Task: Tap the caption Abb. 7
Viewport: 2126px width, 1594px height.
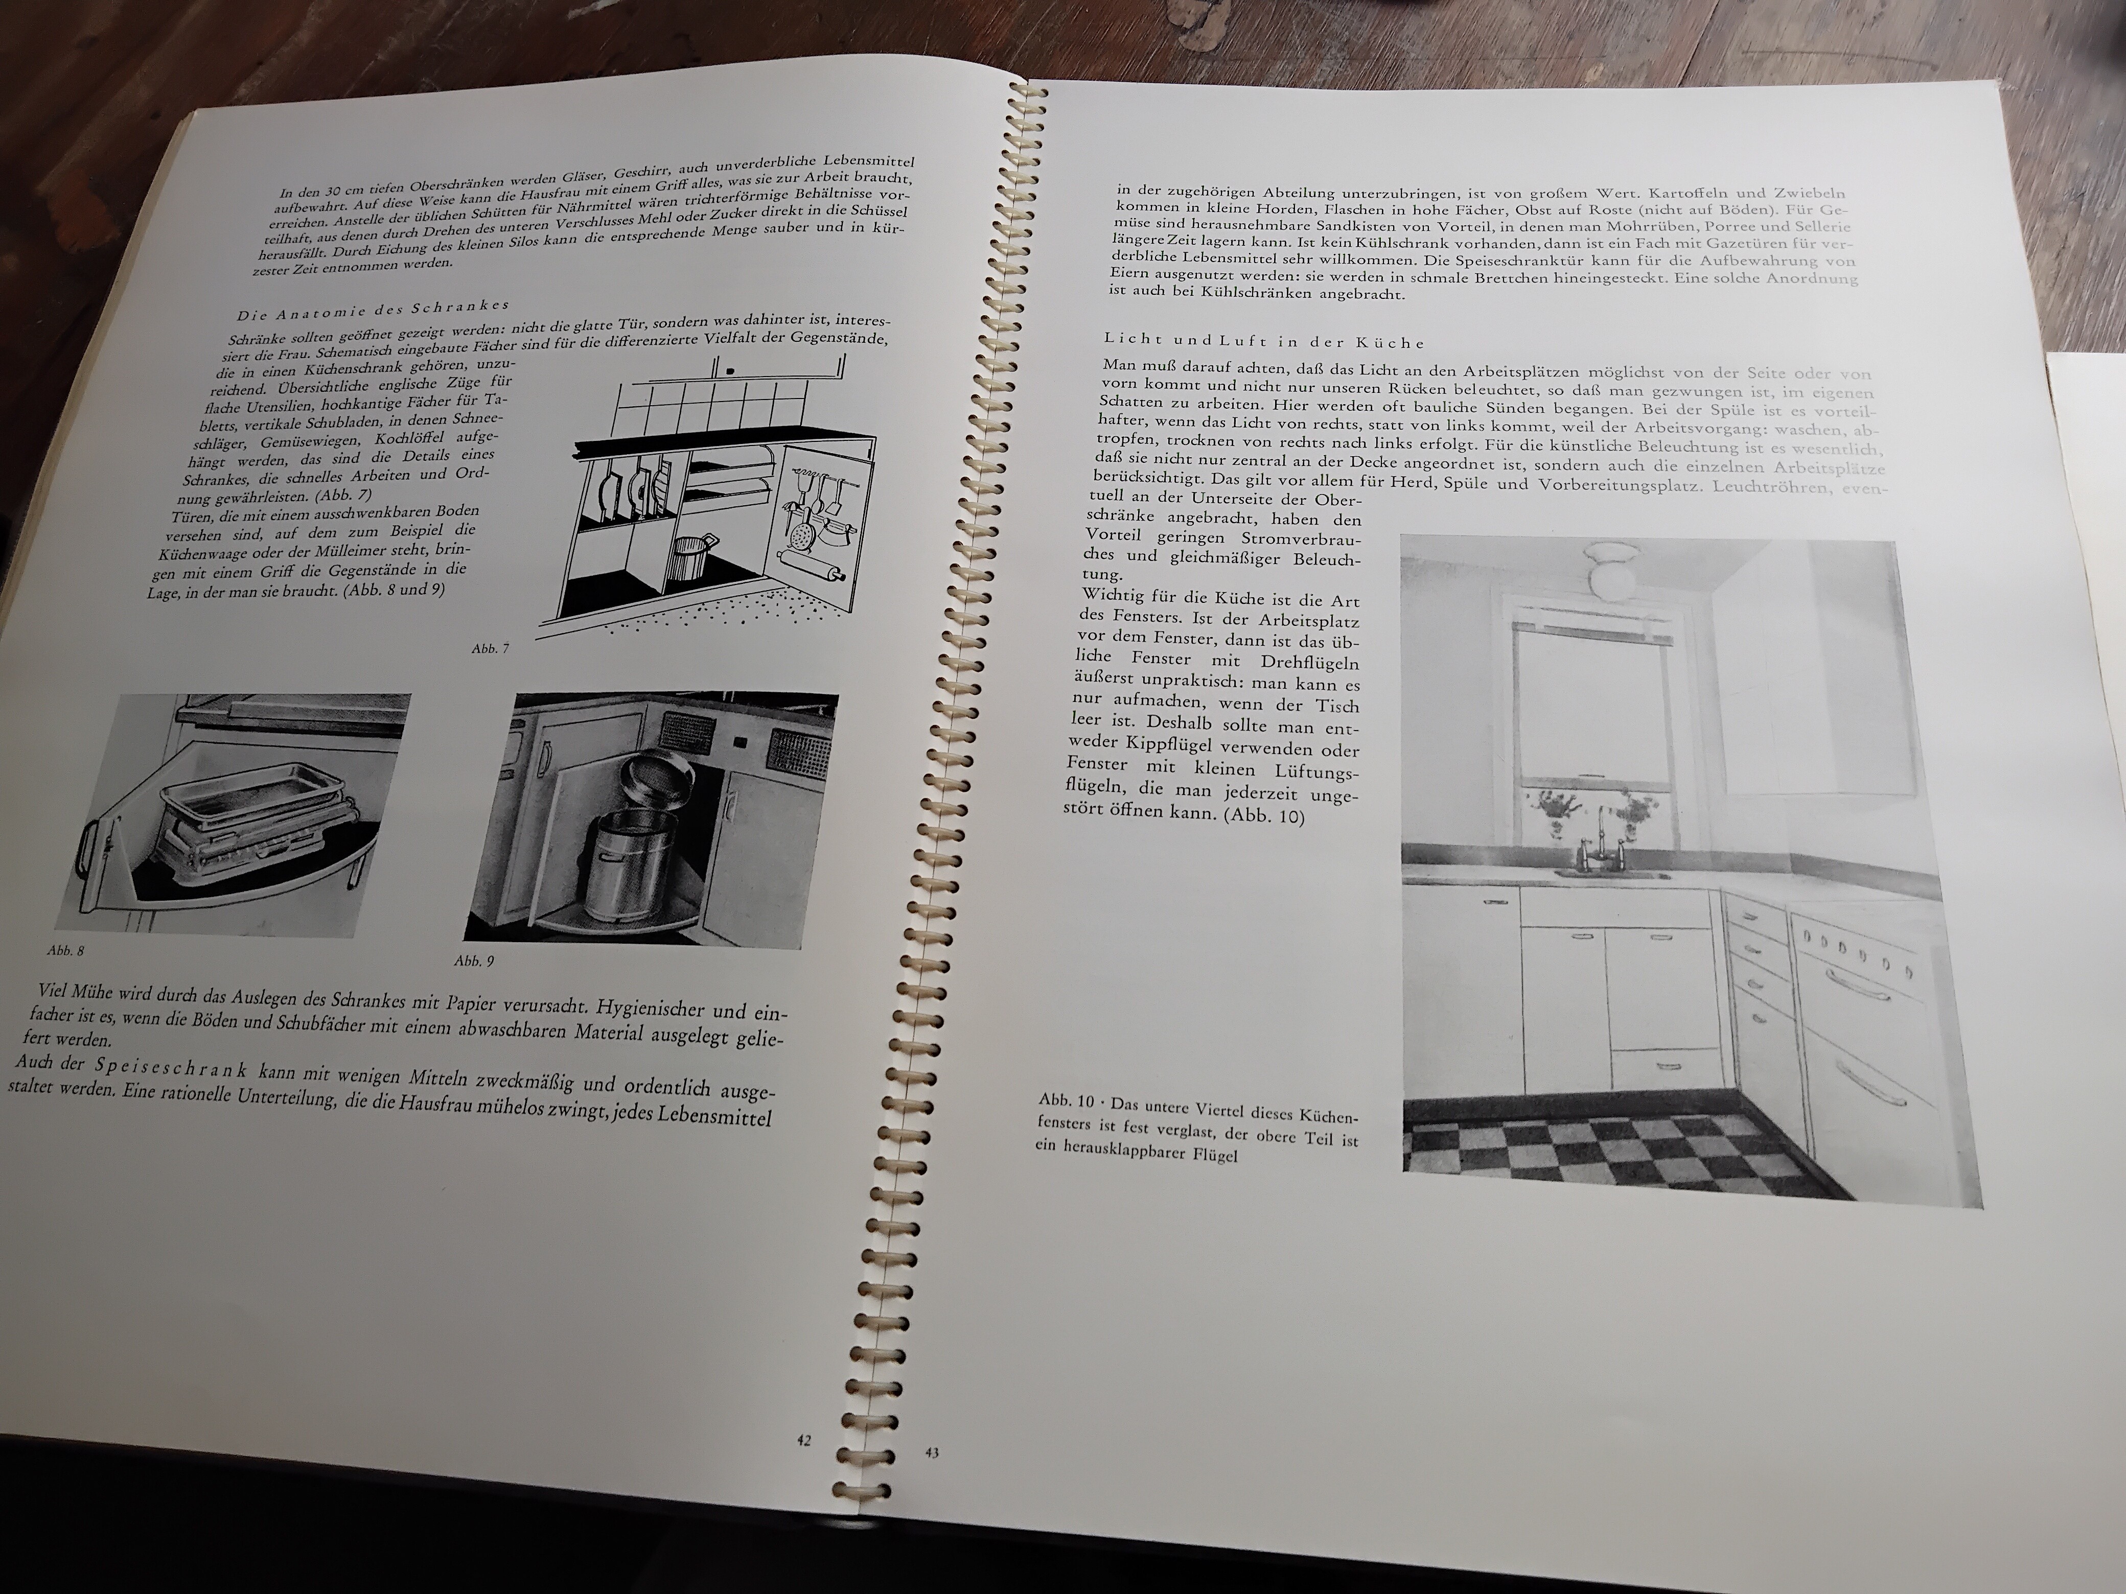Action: [x=490, y=648]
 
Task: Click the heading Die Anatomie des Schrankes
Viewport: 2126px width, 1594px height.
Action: [x=373, y=310]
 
